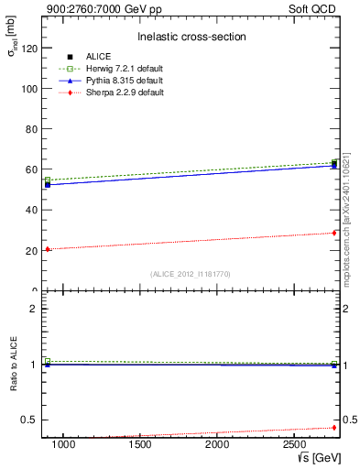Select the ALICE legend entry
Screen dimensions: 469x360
pos(98,57)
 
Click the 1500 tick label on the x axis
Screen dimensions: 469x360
pos(140,444)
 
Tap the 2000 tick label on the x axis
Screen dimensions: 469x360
pos(217,444)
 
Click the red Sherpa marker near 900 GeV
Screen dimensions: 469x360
pos(48,249)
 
